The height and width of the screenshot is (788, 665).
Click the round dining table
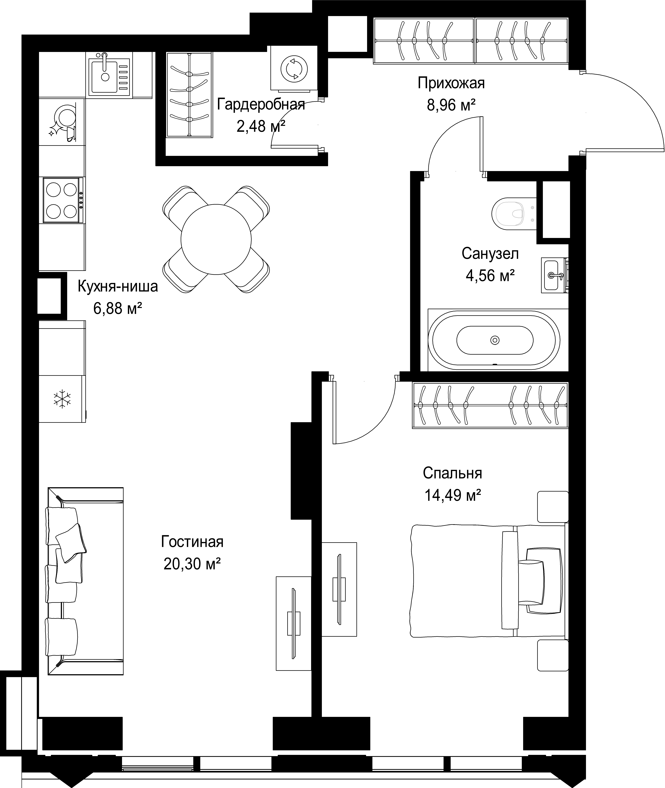pos(216,239)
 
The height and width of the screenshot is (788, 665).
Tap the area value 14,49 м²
pos(453,495)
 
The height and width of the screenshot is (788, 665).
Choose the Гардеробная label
pos(261,104)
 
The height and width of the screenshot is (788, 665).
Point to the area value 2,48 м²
pos(260,126)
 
